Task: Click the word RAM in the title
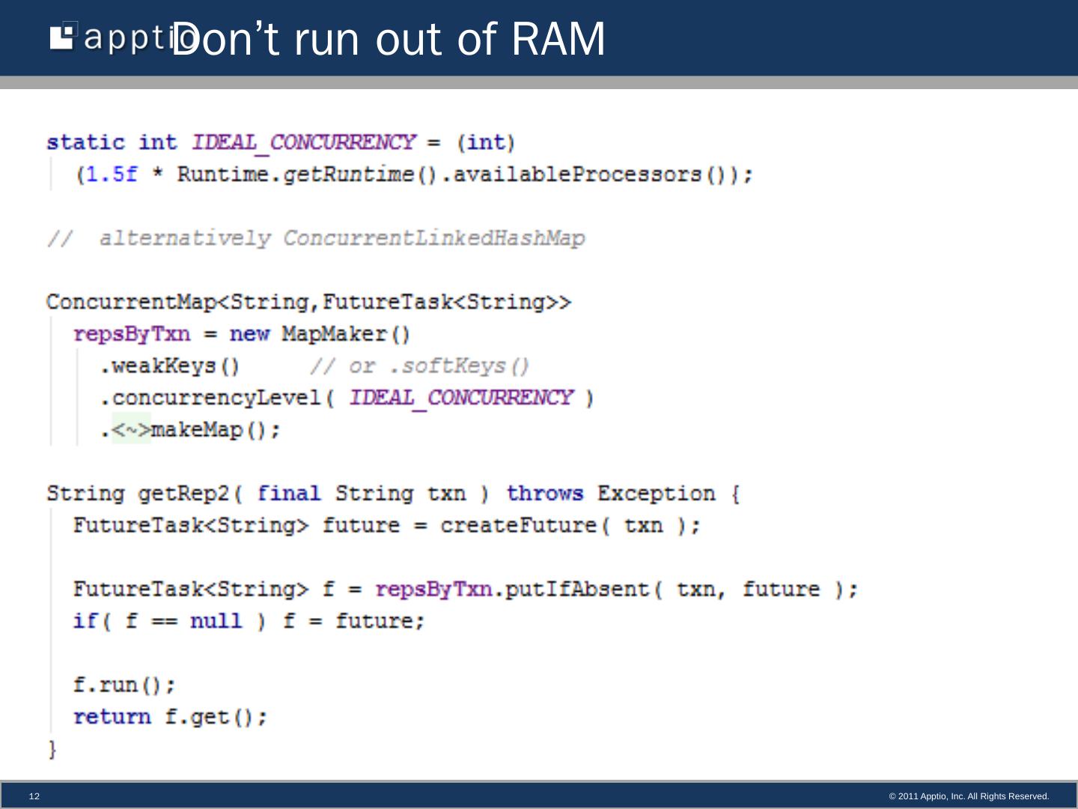558,39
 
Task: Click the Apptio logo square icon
63,37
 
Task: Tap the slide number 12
34,796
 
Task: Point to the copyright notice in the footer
969,796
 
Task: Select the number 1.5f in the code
112,175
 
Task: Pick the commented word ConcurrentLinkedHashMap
434,238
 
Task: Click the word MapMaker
334,334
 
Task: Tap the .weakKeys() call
170,366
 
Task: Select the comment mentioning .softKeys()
420,366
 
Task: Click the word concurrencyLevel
216,398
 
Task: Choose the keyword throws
544,494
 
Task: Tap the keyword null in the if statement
216,622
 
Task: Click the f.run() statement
124,685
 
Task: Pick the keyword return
112,717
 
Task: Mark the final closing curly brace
52,749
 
